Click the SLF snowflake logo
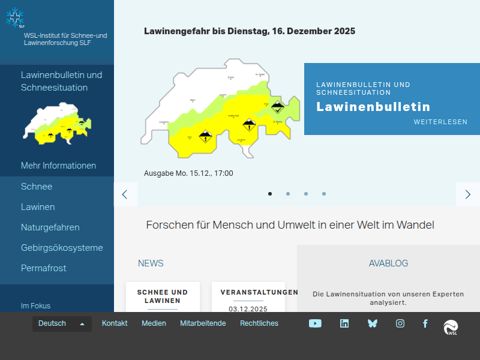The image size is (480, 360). (x=16, y=18)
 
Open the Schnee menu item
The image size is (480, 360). (x=37, y=187)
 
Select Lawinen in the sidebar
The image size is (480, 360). (x=38, y=207)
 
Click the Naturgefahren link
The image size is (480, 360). (x=50, y=227)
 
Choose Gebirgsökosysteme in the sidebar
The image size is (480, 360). (x=62, y=248)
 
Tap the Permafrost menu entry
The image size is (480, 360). (x=44, y=268)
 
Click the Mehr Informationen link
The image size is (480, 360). (x=58, y=166)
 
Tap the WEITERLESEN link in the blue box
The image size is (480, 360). (x=440, y=122)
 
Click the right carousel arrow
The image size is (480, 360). (x=468, y=194)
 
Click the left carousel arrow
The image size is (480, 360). (x=125, y=194)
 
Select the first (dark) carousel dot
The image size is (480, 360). (x=270, y=194)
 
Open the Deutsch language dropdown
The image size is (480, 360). (x=62, y=323)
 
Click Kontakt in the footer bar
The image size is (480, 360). (x=115, y=323)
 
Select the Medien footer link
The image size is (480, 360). (x=154, y=323)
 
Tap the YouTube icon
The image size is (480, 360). (x=315, y=323)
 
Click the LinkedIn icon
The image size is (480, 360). (x=344, y=323)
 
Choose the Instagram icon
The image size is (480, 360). (x=400, y=323)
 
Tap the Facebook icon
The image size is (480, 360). (x=425, y=323)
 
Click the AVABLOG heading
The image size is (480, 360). (x=388, y=263)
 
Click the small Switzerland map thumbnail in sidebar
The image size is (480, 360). (x=58, y=123)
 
